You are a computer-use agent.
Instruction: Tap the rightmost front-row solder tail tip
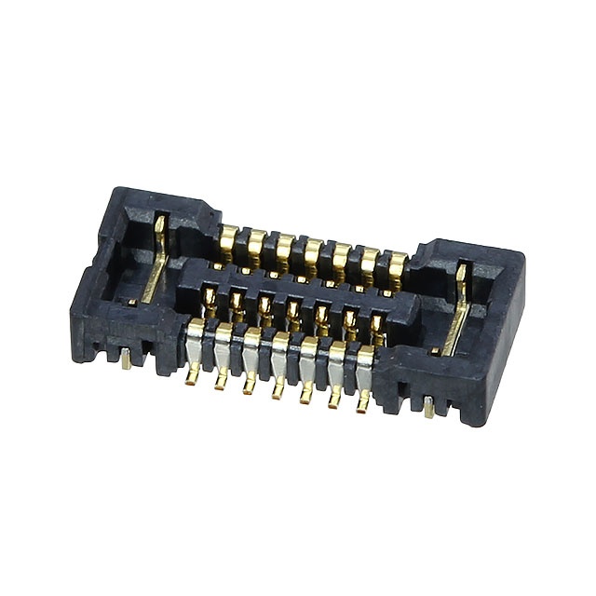[361, 406]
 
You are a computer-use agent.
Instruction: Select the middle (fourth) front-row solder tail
[277, 391]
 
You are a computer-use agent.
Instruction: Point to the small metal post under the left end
[126, 360]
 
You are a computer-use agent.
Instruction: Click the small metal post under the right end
[428, 407]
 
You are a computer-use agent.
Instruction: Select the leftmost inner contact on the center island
[210, 298]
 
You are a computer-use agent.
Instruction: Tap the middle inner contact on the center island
[293, 310]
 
